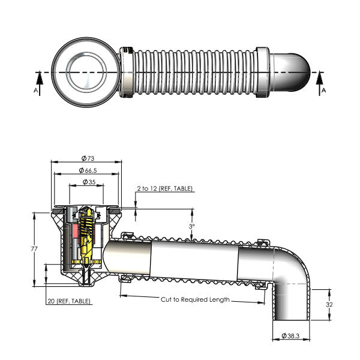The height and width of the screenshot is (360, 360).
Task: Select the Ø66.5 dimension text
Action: [x=88, y=171]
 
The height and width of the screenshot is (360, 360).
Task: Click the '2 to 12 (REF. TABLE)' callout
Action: [x=164, y=188]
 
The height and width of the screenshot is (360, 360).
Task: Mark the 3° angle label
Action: [x=191, y=227]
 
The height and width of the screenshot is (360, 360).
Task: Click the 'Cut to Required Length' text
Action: [x=194, y=299]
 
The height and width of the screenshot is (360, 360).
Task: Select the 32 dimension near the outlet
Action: [x=330, y=304]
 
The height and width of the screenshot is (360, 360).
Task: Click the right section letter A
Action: [x=323, y=89]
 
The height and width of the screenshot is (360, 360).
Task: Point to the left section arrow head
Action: [x=38, y=76]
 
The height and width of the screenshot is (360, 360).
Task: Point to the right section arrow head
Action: [x=320, y=76]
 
